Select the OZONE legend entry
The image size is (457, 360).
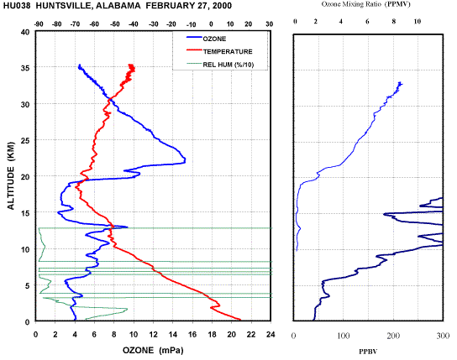point(207,39)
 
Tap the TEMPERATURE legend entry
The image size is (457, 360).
point(219,51)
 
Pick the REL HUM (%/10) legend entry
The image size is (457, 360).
point(220,65)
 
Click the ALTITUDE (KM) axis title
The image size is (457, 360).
point(11,175)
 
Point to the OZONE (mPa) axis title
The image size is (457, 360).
point(153,350)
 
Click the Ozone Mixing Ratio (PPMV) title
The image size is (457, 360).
point(365,4)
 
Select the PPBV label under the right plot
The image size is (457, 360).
point(368,352)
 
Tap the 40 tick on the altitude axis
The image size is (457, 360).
point(25,32)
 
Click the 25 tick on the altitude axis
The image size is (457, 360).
point(25,140)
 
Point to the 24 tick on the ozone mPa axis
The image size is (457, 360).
point(271,335)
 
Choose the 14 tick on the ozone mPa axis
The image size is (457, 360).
point(173,335)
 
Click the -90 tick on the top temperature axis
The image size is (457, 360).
point(39,24)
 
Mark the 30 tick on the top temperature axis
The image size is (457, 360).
point(270,24)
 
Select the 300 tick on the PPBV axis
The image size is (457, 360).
point(443,336)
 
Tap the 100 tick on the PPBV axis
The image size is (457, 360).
point(344,336)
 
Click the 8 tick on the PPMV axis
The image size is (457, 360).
point(394,21)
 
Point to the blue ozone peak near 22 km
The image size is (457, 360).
point(185,160)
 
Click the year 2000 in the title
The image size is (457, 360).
point(221,6)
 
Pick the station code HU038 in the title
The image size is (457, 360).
point(17,6)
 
